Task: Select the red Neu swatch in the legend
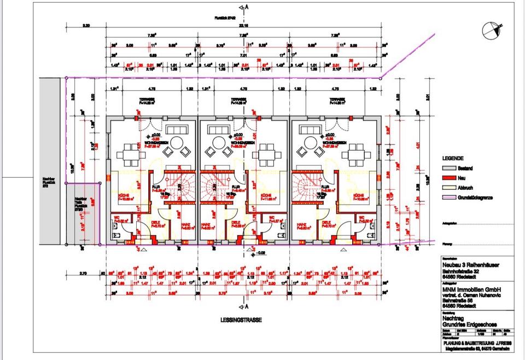pos(448,177)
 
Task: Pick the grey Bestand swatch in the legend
pos(448,167)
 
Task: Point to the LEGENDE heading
pos(453,158)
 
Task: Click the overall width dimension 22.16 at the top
pos(243,26)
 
